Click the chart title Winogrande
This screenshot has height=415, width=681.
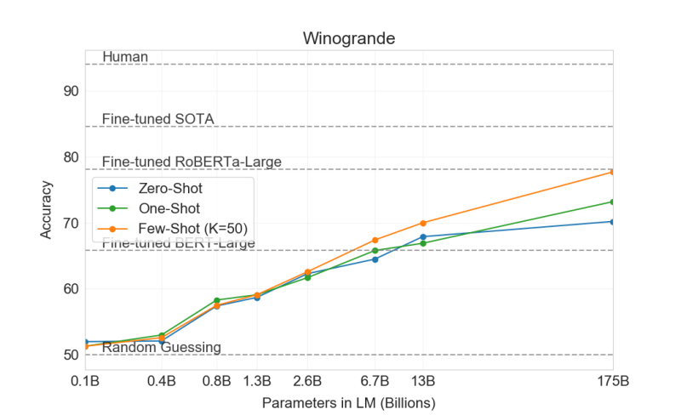click(x=349, y=38)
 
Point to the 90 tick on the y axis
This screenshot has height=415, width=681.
click(x=72, y=92)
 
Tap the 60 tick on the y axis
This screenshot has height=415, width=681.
click(x=72, y=289)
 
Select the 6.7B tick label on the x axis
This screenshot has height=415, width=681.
click(x=375, y=381)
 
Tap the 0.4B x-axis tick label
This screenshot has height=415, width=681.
click(x=162, y=381)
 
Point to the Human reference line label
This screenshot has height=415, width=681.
click(x=125, y=57)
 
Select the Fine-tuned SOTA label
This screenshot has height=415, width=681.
click(x=157, y=119)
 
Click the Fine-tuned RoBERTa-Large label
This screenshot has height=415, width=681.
click(x=192, y=162)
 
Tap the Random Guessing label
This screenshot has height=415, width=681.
click(x=162, y=347)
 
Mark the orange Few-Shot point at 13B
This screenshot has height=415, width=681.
click(x=423, y=223)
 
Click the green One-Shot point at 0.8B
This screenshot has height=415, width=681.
click(x=217, y=300)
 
